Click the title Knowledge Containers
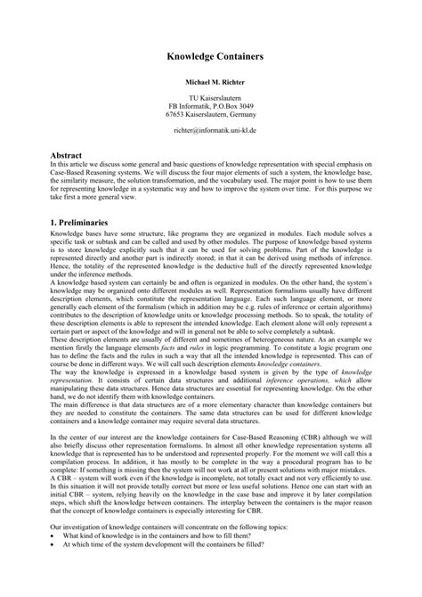[211, 54]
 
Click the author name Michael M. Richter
[211, 80]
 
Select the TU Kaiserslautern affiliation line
[211, 96]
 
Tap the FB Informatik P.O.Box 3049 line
[211, 105]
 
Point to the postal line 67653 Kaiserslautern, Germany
[211, 114]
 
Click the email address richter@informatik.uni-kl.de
[211, 129]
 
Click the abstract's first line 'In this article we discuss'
[107, 164]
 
